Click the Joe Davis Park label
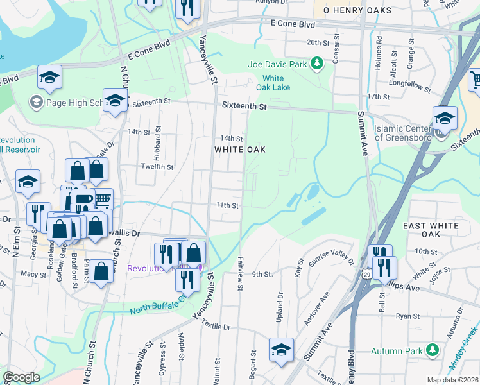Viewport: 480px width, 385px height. point(277,64)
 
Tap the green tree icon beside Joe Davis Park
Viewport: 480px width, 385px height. point(316,63)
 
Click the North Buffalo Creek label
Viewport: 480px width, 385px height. point(160,305)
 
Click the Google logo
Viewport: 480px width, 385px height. point(22,377)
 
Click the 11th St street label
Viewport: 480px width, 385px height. point(227,205)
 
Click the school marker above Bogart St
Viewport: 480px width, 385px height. point(281,350)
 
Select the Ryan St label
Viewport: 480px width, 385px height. point(407,316)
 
